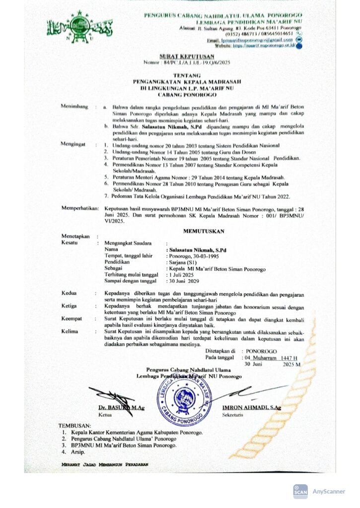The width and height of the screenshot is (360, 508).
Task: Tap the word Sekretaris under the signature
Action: coord(233,414)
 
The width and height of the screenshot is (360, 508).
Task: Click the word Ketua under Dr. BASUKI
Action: coord(105,414)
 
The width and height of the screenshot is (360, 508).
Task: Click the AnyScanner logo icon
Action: coord(300,491)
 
